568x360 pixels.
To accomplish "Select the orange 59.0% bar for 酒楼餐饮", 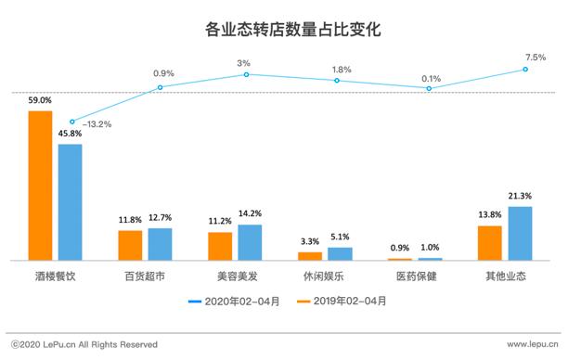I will (x=40, y=186).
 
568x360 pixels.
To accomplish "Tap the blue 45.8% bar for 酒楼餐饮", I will (x=70, y=201).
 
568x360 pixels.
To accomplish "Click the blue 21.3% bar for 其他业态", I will (x=520, y=233).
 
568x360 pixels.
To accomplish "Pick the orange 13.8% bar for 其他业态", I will (x=489, y=242).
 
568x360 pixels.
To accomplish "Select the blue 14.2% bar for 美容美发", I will (x=250, y=242).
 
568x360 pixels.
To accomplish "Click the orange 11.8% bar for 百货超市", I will (x=130, y=245).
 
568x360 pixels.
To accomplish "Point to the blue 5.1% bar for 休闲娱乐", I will (x=340, y=253).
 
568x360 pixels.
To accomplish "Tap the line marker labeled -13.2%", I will (x=71, y=122).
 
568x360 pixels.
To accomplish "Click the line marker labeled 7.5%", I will (x=526, y=69).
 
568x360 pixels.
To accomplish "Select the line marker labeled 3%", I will (x=247, y=74).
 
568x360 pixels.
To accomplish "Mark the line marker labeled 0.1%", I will (x=431, y=89).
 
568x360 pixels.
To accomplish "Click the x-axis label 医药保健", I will (x=415, y=276).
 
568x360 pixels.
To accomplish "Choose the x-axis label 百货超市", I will (x=145, y=276).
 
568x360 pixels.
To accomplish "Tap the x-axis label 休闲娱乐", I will (x=325, y=276).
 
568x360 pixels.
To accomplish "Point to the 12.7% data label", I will (x=161, y=219).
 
